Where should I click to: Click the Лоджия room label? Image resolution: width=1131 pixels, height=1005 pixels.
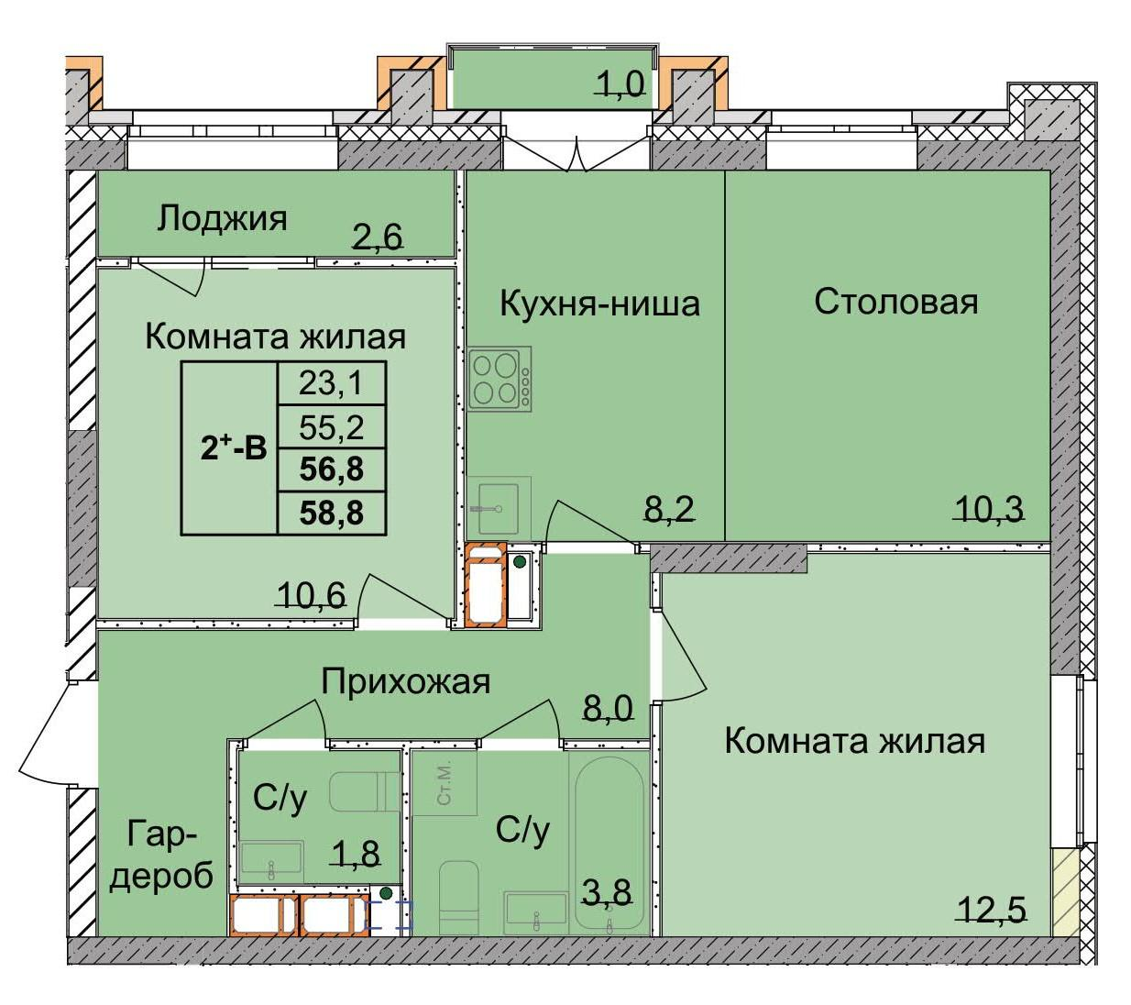tap(222, 219)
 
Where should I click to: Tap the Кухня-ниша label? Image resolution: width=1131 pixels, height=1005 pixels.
tap(599, 303)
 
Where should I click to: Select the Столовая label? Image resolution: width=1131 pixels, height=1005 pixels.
tap(895, 301)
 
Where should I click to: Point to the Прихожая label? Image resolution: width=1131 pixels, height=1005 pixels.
tap(405, 681)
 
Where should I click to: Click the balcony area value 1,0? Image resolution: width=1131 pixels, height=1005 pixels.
tap(620, 84)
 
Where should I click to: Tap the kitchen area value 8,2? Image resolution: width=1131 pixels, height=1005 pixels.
tap(668, 507)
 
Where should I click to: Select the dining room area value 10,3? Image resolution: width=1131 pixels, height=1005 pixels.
tap(987, 507)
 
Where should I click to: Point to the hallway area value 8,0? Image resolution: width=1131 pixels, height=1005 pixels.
tap(609, 707)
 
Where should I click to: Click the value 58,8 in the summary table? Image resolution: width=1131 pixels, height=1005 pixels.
tap(331, 514)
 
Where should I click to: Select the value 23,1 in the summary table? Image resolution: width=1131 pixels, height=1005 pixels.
tap(331, 382)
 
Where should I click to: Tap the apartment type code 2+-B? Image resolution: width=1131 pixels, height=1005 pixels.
tap(233, 447)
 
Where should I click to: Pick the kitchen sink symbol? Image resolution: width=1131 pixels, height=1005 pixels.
tap(498, 507)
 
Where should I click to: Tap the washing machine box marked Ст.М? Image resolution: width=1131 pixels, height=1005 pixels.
tap(445, 782)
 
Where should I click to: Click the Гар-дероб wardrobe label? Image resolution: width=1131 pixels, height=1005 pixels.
tap(161, 855)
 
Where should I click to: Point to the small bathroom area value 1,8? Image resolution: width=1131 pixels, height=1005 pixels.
tap(355, 854)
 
